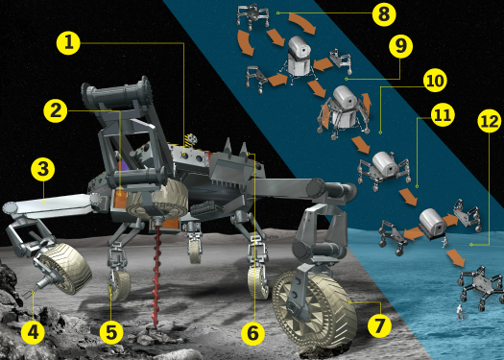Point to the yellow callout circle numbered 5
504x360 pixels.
112,333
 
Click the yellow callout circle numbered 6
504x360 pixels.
252,333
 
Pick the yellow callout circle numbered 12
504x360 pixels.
490,121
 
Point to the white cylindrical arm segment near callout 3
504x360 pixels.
48,204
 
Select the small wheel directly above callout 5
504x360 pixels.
118,284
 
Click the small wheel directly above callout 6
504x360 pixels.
257,279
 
